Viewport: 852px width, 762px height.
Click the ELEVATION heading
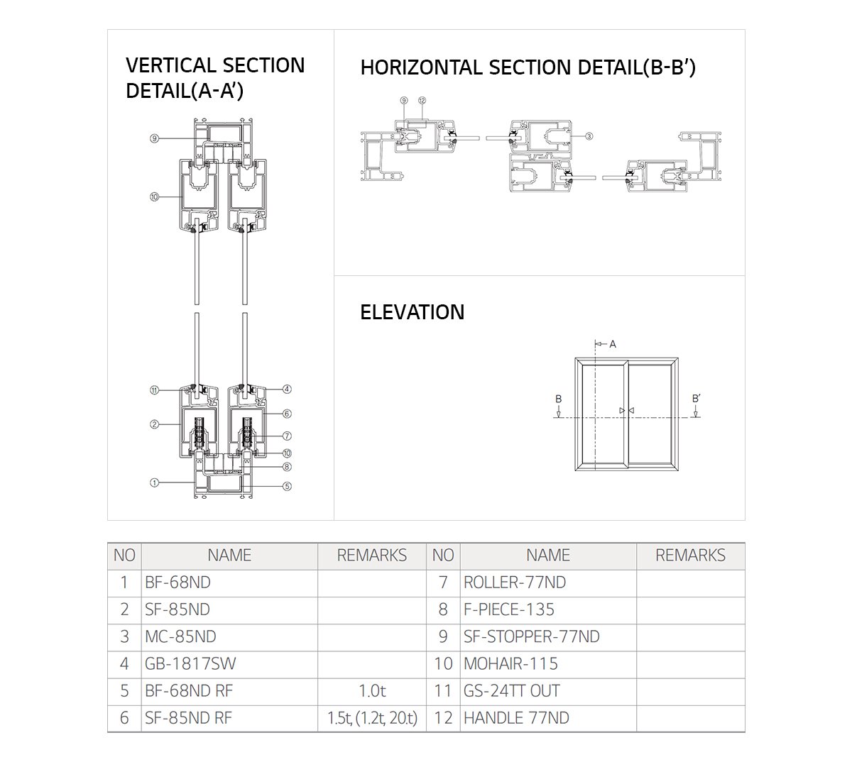point(412,312)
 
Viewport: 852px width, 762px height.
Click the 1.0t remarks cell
point(372,690)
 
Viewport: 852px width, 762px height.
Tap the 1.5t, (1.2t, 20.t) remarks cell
point(372,717)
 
